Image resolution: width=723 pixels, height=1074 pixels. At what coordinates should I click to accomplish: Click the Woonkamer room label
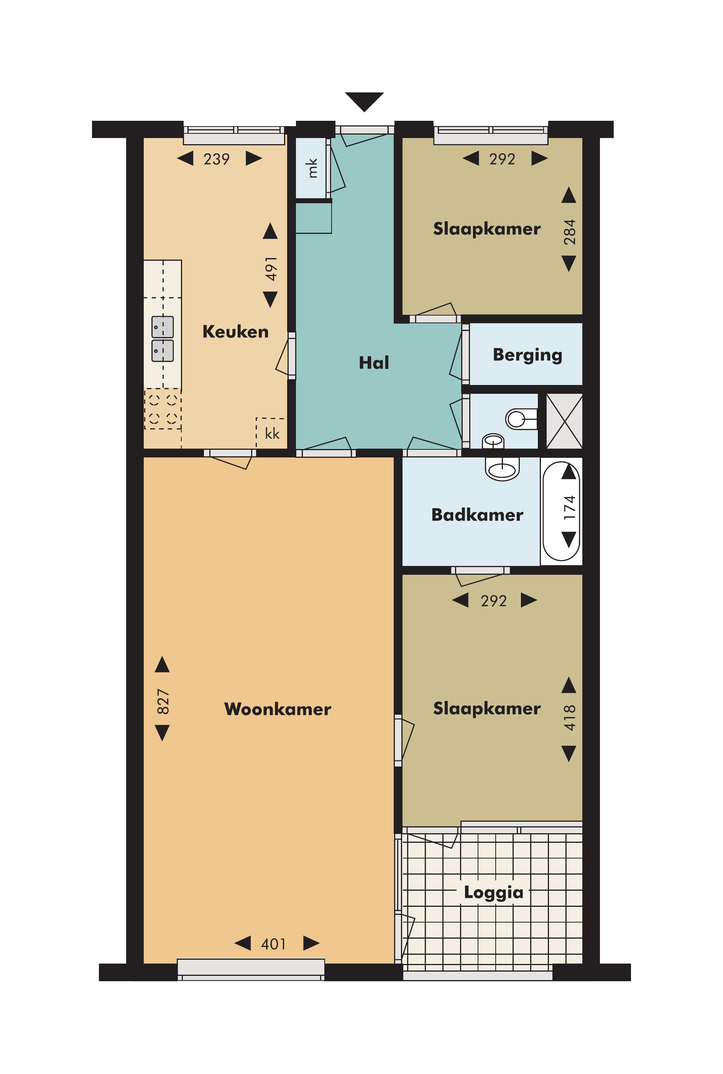coord(278,709)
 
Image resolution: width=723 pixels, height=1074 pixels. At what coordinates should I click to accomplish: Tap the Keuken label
coord(235,332)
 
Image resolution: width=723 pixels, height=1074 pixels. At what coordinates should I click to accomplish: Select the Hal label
coord(374,362)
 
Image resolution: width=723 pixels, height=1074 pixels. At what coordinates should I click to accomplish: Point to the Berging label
coord(527,355)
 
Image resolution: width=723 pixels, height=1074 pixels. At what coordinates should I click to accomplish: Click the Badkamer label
coord(477,514)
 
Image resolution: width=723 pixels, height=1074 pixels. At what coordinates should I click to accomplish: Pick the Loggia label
coord(493,892)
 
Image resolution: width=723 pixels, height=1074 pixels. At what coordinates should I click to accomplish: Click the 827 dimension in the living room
coord(163,701)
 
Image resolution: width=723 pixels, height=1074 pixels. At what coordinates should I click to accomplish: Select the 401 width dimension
coord(273,944)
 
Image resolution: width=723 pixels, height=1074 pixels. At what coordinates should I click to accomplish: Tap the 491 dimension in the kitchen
coord(271,269)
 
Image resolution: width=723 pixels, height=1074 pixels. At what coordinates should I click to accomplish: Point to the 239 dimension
coord(217,159)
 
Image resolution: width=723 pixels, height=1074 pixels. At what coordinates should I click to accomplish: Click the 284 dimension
coord(569,232)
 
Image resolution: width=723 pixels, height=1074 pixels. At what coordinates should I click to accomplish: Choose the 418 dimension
coord(569,717)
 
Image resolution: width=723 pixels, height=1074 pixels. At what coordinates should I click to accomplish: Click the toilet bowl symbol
coord(521,419)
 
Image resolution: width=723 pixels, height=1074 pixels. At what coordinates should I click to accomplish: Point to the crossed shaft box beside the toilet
coord(564,421)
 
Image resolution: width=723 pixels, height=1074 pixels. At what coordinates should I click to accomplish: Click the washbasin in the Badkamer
coord(502,469)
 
